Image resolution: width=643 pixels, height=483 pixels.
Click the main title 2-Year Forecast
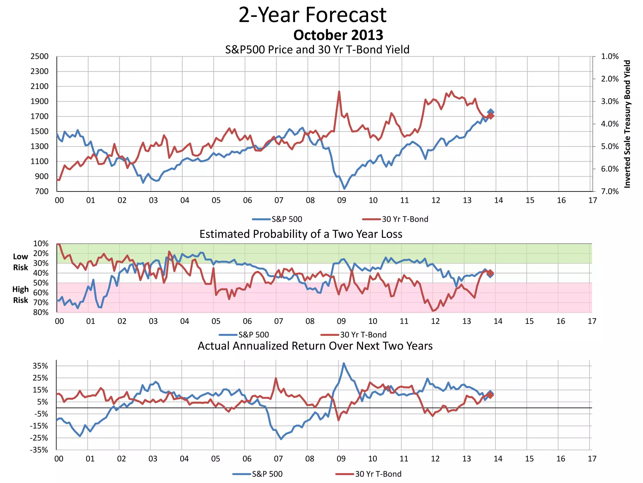[312, 15]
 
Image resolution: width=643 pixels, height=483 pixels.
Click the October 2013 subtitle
[338, 35]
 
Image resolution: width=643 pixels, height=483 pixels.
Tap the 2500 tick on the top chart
[40, 57]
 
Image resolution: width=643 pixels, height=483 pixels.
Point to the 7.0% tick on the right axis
[610, 192]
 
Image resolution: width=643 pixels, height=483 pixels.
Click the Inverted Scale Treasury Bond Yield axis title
[627, 124]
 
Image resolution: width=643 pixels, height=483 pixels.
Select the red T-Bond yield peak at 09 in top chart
[339, 92]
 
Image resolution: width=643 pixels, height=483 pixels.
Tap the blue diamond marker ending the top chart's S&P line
[491, 112]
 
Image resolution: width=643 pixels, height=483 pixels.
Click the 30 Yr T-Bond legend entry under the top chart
[395, 219]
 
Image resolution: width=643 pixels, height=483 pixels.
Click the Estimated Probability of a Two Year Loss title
[301, 234]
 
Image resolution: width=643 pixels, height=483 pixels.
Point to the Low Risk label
[20, 262]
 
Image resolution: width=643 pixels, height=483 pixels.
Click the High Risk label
[20, 295]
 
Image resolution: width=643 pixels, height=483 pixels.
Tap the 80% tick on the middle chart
[41, 313]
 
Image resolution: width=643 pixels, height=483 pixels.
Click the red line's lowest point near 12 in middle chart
[433, 311]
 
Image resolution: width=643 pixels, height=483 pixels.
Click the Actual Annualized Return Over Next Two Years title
[315, 346]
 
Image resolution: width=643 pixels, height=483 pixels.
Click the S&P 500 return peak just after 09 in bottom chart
[344, 364]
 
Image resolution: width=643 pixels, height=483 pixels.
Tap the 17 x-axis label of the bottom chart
[592, 459]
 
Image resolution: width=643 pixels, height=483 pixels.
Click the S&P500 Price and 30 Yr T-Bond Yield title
[317, 50]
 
